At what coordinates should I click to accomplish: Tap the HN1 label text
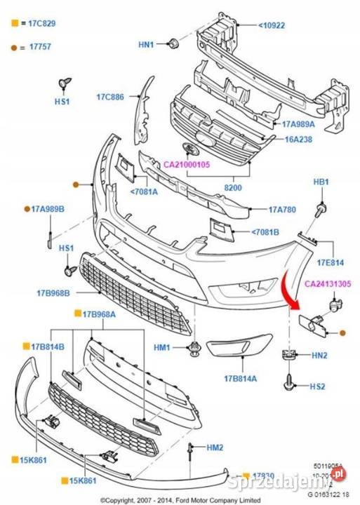pyautogui.click(x=145, y=45)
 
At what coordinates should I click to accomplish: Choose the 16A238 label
pyautogui.click(x=298, y=140)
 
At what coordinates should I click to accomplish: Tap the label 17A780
pyautogui.click(x=283, y=209)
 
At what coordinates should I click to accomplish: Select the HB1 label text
pyautogui.click(x=321, y=182)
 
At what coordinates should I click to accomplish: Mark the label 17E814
pyautogui.click(x=330, y=262)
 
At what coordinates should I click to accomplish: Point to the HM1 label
pyautogui.click(x=162, y=347)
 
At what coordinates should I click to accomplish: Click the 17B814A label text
pyautogui.click(x=241, y=379)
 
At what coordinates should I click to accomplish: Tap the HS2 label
pyautogui.click(x=319, y=386)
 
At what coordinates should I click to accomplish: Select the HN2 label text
pyautogui.click(x=319, y=356)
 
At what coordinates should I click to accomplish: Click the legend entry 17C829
pyautogui.click(x=41, y=23)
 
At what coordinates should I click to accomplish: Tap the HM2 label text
pyautogui.click(x=214, y=447)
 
